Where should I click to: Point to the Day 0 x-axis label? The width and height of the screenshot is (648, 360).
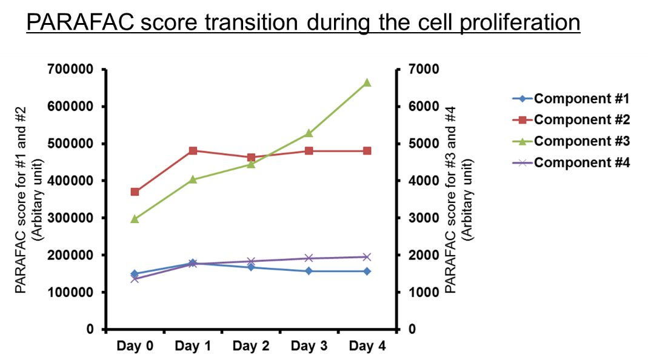(x=135, y=346)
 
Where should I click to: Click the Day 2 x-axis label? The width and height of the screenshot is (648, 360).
(x=251, y=346)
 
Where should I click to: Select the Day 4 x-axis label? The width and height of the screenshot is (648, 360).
(x=367, y=346)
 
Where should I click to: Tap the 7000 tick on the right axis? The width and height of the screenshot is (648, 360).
(x=423, y=70)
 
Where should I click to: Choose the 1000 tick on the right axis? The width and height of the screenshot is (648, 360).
(x=423, y=292)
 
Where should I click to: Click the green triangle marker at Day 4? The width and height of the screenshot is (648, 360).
(x=367, y=82)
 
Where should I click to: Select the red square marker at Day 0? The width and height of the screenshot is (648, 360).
(x=135, y=192)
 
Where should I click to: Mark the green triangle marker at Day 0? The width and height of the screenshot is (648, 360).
(x=135, y=219)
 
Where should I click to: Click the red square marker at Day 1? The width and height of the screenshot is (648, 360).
(x=193, y=151)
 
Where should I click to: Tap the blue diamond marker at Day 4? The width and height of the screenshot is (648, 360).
(x=367, y=271)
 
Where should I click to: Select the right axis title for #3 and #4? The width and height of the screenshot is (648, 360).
(x=458, y=199)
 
